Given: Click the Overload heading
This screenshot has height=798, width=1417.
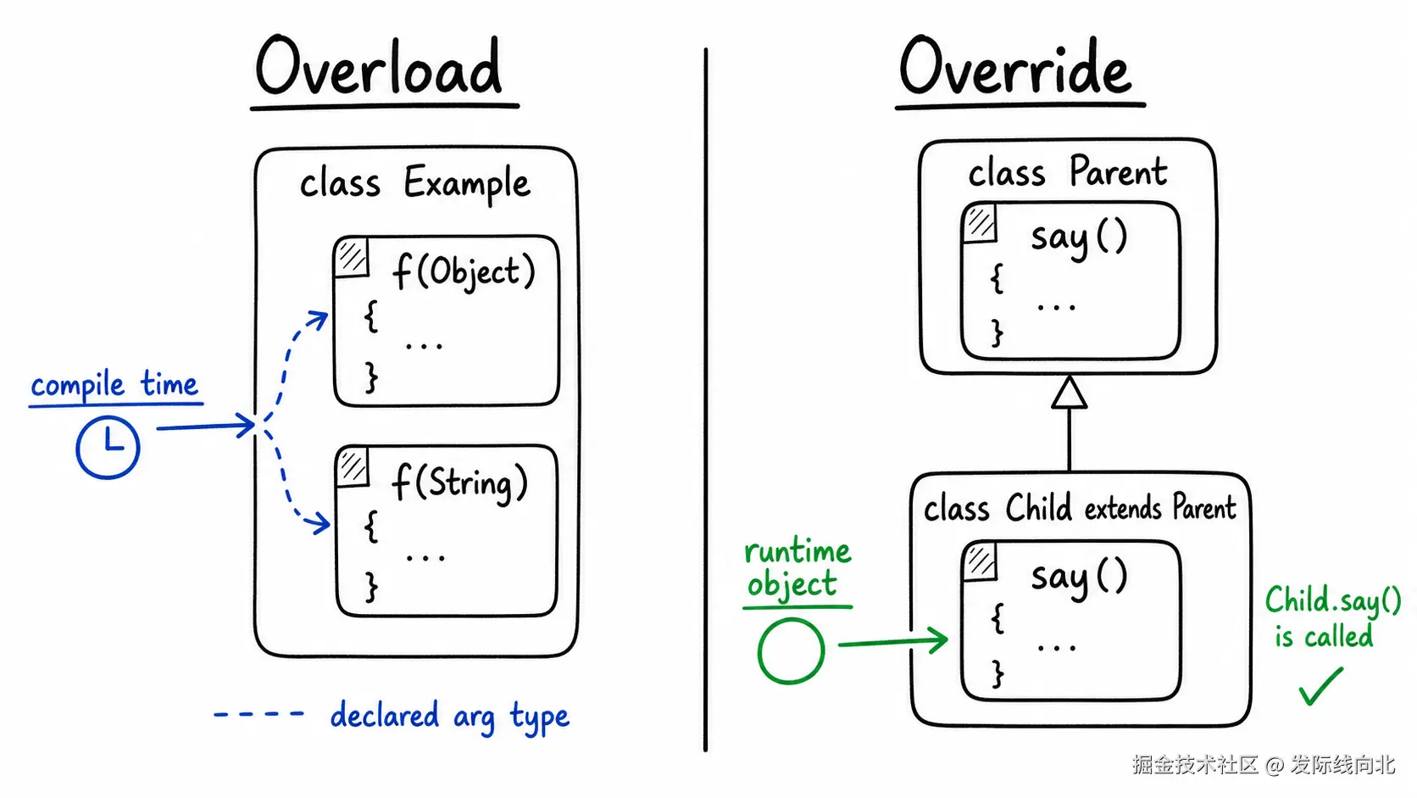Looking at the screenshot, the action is [x=379, y=66].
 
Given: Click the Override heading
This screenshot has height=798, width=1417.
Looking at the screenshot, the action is [x=1014, y=66].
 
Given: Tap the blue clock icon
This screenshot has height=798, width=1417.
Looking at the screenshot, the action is [x=108, y=447].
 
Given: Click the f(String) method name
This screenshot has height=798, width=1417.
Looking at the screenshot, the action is [x=460, y=483].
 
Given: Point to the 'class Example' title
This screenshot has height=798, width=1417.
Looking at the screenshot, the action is [x=415, y=183].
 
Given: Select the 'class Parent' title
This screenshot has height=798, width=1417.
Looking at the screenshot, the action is [x=1068, y=172].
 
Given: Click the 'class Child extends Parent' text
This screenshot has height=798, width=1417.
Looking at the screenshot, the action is [x=1080, y=507].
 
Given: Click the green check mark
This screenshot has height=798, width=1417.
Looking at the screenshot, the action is [x=1321, y=686].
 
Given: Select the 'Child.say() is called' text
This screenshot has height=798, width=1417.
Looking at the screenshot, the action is [x=1333, y=617].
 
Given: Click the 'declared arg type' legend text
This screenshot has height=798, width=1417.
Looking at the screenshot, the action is [x=450, y=717].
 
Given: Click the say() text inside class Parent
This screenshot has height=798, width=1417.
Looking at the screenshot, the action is [x=1079, y=238].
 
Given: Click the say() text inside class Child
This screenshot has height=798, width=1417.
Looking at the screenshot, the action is [x=1079, y=578].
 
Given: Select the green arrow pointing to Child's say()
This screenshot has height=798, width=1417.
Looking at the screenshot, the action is [x=893, y=642].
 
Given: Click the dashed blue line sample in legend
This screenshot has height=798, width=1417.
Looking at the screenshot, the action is [x=259, y=714].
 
